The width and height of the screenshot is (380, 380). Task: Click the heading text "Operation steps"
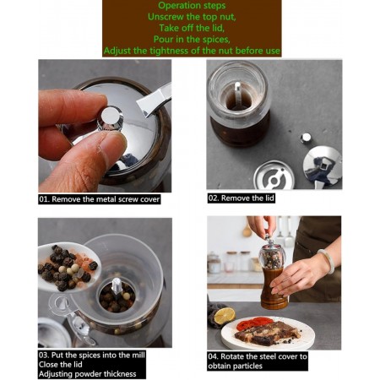192,6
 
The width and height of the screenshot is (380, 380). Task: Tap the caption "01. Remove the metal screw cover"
100,199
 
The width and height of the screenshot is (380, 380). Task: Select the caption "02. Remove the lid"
241,198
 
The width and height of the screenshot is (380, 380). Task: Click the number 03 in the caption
43,356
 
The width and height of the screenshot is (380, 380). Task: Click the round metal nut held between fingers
111,118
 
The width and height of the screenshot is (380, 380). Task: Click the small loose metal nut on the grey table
306,138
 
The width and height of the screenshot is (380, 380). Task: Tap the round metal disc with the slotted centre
274,175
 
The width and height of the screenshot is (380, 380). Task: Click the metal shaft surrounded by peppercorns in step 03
116,287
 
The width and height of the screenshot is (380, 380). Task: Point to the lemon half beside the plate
225,316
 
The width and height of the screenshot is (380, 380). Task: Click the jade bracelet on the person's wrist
328,260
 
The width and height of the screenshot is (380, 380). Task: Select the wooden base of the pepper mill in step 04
274,289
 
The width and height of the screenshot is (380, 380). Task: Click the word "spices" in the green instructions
215,39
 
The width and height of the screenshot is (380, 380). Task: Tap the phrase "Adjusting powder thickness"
88,374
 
